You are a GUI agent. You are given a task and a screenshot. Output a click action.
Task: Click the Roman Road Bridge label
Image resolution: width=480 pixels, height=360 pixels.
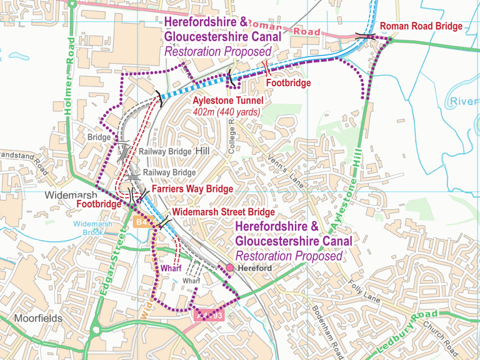click(x=421, y=26)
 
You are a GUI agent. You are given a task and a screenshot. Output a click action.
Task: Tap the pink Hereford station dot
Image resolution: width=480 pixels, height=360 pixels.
click(x=229, y=267)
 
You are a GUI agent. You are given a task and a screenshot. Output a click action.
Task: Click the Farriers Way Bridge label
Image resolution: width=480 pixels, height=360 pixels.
click(x=192, y=189)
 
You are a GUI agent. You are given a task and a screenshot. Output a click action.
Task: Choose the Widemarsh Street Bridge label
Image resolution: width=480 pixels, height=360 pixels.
click(x=223, y=212)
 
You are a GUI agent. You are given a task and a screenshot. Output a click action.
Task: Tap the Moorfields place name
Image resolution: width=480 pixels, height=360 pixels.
click(x=38, y=318)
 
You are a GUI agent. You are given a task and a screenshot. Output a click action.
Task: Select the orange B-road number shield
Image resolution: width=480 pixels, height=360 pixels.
click(x=141, y=222)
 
